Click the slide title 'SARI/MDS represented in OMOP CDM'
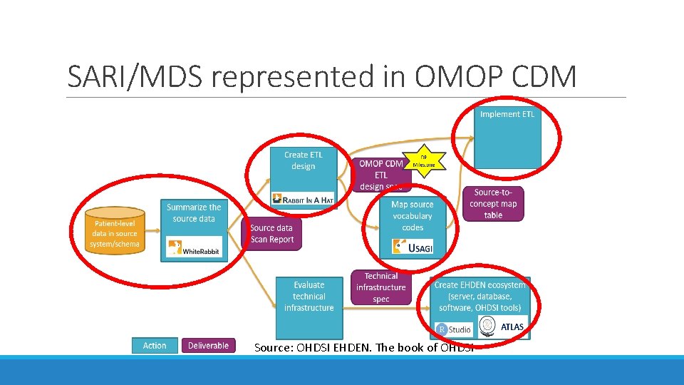321,76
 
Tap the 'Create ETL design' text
303,160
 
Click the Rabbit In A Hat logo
303,200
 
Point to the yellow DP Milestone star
423,160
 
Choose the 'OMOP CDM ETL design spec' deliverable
380,175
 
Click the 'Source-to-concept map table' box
493,203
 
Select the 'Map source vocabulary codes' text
412,216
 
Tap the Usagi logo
413,247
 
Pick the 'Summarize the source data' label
194,212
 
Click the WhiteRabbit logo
194,247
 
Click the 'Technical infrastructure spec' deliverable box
381,287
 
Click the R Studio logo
454,329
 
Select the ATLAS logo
503,327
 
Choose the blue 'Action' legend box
155,346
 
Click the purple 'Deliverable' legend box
208,346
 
